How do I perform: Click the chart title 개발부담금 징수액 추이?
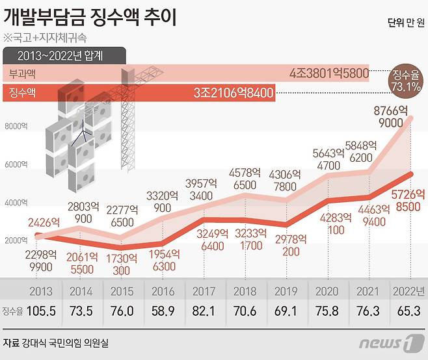93,16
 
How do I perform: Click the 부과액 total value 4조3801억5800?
328,73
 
